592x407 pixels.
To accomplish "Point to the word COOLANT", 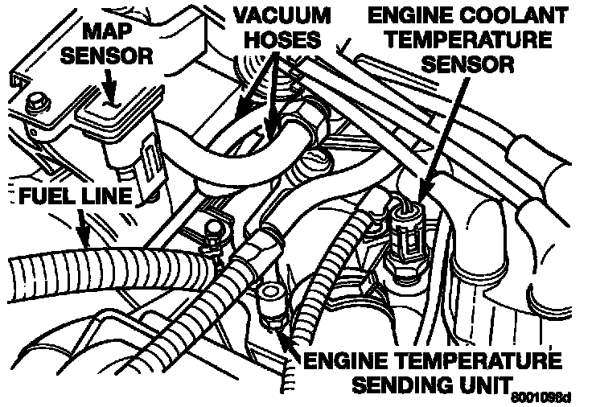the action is tap(489, 14).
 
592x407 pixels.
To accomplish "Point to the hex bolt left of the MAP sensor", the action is tap(35, 103).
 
